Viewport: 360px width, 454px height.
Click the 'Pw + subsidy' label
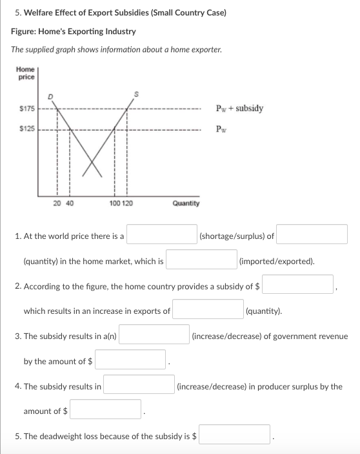click(239, 108)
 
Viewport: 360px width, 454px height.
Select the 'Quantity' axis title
click(186, 203)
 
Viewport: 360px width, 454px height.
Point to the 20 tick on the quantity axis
click(57, 203)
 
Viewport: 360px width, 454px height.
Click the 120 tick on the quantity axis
click(127, 203)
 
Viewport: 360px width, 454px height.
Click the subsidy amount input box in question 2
click(298, 285)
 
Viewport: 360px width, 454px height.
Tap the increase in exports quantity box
click(207, 310)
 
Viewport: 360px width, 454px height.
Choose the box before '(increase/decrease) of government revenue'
click(153, 335)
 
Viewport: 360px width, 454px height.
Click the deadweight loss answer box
click(235, 435)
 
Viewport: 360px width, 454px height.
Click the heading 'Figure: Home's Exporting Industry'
click(74, 32)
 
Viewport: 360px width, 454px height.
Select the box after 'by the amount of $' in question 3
click(132, 360)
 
